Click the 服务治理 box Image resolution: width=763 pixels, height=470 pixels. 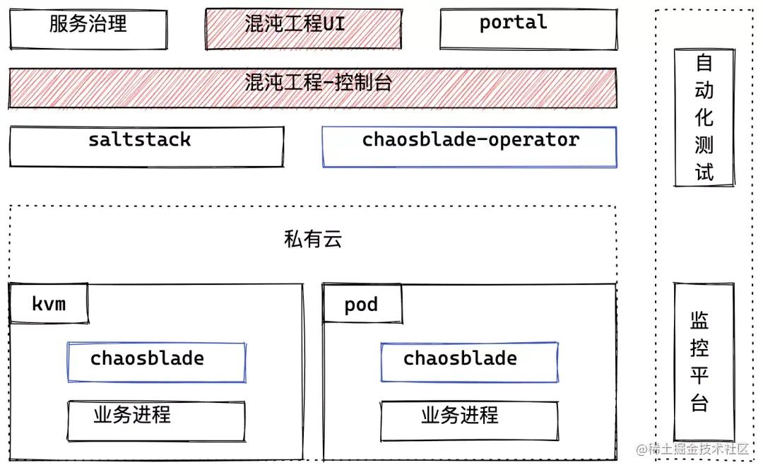tap(88, 30)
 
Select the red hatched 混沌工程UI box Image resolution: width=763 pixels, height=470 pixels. tap(303, 30)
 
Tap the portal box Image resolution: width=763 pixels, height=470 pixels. tap(528, 30)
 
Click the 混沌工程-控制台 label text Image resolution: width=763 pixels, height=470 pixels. tap(319, 83)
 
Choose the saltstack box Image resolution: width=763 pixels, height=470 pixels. tap(146, 146)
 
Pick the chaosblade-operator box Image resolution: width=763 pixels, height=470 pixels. tap(469, 146)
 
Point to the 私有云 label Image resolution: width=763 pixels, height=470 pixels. tap(312, 240)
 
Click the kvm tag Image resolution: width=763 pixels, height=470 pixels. tap(49, 304)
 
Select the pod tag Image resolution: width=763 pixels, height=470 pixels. tap(362, 305)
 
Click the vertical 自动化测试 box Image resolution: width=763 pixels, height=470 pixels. tap(704, 117)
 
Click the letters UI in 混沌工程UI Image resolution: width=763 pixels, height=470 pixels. tap(334, 24)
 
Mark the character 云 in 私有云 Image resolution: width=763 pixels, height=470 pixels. tap(332, 240)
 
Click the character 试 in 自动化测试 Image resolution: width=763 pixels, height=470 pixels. tap(704, 172)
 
